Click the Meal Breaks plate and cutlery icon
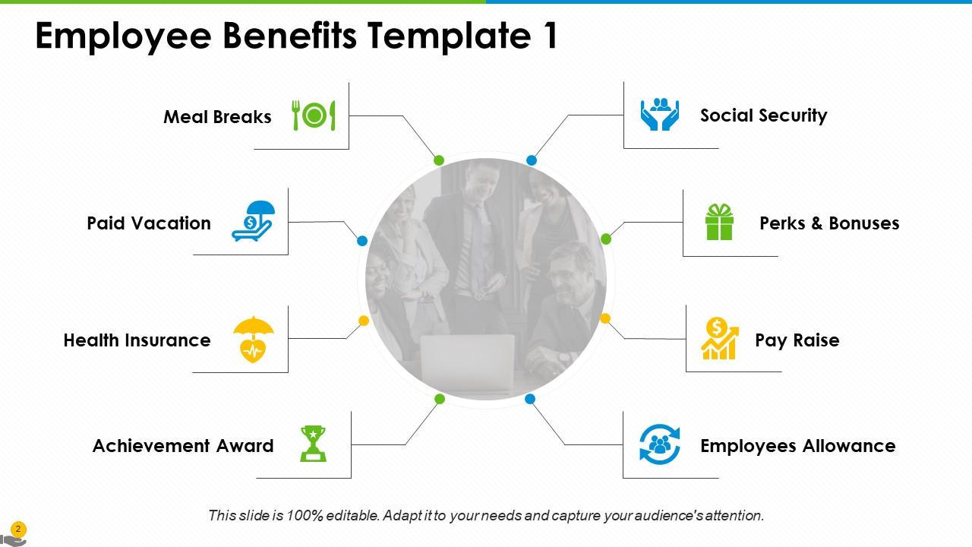tap(314, 115)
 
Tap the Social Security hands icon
tap(659, 114)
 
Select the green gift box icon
tap(719, 222)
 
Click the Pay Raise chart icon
tap(719, 339)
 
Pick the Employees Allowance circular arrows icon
tap(660, 444)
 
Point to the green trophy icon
tap(313, 444)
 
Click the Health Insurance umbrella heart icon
tap(253, 340)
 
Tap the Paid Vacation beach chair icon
tap(253, 222)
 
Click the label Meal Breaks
tap(217, 117)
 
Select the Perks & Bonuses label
tap(829, 223)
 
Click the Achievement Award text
tap(183, 446)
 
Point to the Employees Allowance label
tap(797, 446)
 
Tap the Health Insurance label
tap(137, 340)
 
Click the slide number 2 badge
tap(18, 529)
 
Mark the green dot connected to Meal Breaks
tap(439, 160)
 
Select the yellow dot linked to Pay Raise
tap(605, 319)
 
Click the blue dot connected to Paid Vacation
tap(362, 241)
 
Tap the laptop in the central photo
tap(467, 363)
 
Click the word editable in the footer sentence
tap(352, 516)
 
